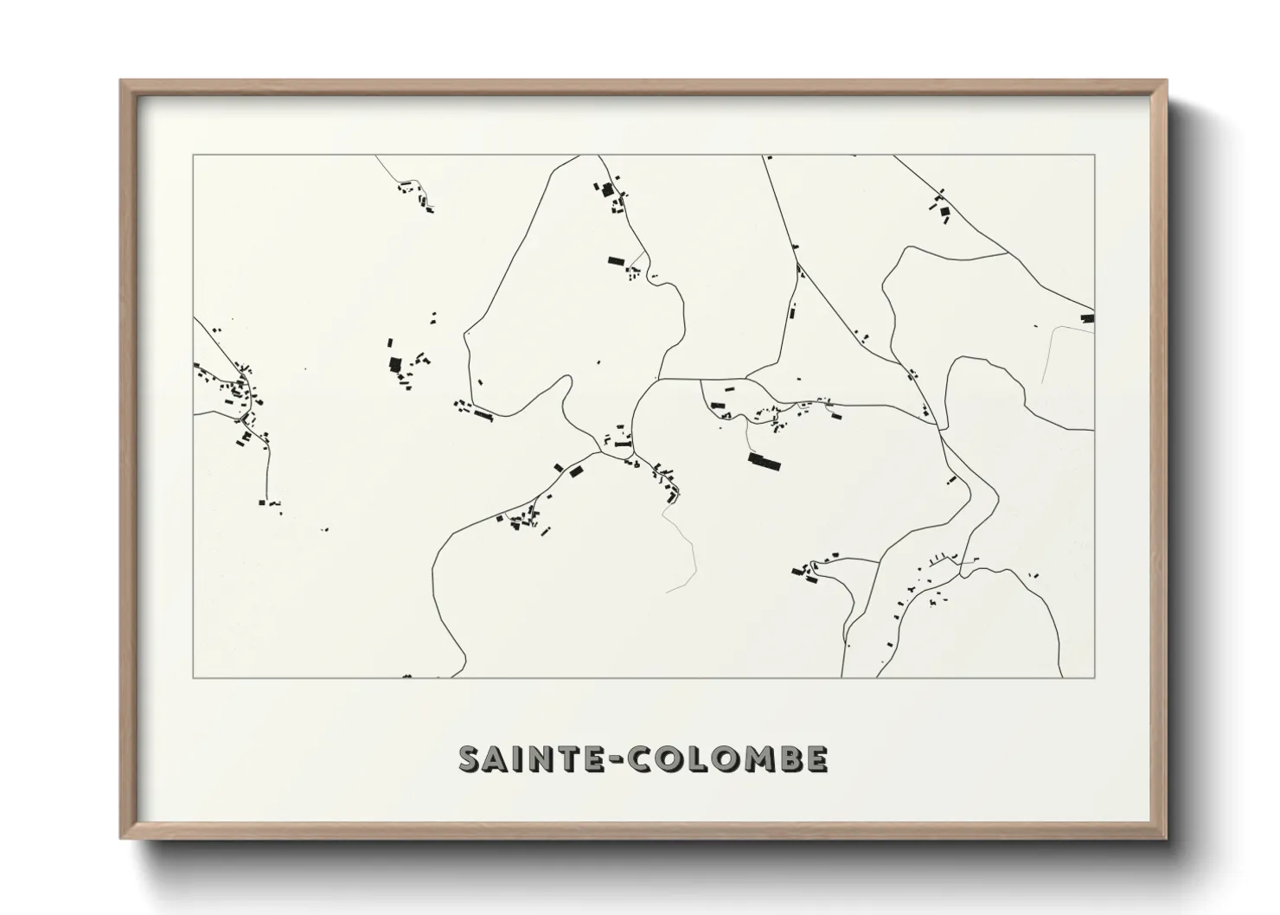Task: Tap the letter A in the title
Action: click(x=498, y=758)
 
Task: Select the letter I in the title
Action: click(x=521, y=758)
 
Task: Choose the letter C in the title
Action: click(x=641, y=758)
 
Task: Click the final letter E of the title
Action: click(x=816, y=758)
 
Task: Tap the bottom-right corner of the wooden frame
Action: click(x=1166, y=838)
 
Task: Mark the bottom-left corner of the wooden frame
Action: click(x=122, y=838)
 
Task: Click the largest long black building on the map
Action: click(x=764, y=462)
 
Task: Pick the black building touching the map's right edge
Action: click(x=1088, y=318)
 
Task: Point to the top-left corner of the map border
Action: click(x=193, y=155)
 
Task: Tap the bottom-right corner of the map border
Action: click(x=1095, y=678)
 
